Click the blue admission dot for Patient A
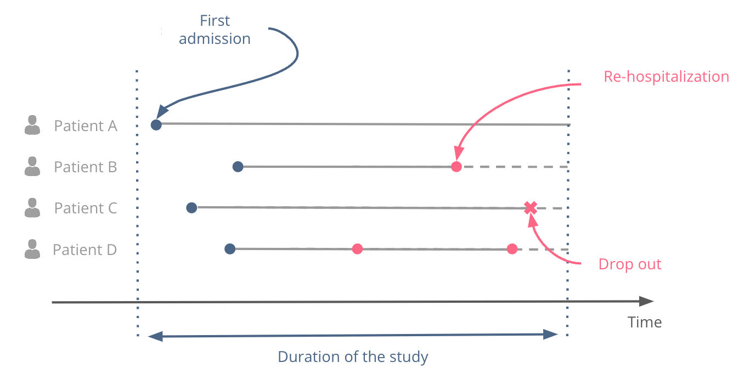pos(156,124)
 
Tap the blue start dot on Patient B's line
pos(238,166)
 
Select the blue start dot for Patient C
pos(191,207)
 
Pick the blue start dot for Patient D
pos(230,249)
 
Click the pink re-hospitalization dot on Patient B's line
pos(456,167)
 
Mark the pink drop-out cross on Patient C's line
pos(530,208)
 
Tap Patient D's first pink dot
pos(357,249)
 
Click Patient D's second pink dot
pos(512,249)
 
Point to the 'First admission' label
pos(215,30)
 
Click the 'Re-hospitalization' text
pos(666,76)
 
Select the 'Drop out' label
pos(630,264)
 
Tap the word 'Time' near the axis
pos(645,322)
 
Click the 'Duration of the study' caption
pos(353,357)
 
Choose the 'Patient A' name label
pos(86,126)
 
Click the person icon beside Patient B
pos(32,167)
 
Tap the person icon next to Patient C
pos(32,208)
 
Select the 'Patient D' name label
pos(85,250)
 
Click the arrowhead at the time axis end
pos(647,301)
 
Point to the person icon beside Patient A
pos(32,126)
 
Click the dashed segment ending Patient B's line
pos(514,167)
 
